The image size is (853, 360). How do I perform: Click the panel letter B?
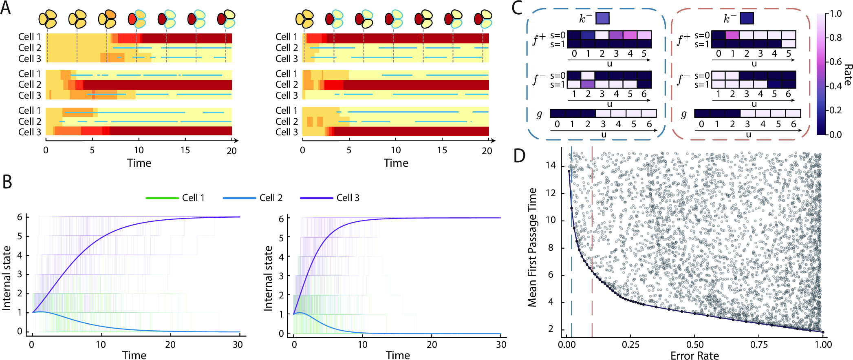tap(7, 182)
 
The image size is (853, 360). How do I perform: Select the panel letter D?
tap(519, 155)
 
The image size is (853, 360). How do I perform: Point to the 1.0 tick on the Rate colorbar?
tap(835, 14)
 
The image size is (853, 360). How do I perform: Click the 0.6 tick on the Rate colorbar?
tap(835, 62)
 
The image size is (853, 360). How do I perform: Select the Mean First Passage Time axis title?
tap(532, 247)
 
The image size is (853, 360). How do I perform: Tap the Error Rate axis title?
tap(694, 356)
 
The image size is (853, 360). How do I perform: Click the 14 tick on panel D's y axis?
tap(551, 166)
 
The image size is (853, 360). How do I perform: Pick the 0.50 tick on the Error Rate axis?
tap(694, 345)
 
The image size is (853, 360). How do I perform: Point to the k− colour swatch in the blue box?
tap(602, 18)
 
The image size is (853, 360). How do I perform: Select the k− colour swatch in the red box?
tap(747, 18)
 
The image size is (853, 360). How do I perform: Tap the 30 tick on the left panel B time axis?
tap(238, 345)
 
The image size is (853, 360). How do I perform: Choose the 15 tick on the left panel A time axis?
tap(185, 150)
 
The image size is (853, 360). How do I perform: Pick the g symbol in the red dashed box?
tap(684, 114)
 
